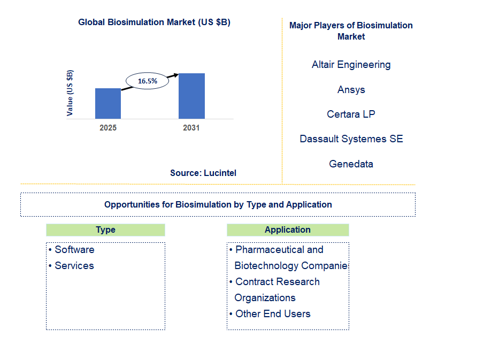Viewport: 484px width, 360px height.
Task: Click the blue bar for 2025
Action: point(108,103)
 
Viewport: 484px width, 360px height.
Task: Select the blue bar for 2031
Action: point(191,96)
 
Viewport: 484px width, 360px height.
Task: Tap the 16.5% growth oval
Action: point(147,81)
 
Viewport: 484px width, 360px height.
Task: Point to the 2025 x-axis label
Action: point(108,128)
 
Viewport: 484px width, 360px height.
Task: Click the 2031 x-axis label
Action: point(191,128)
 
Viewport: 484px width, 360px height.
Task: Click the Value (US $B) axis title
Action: point(70,93)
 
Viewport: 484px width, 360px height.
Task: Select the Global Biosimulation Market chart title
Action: point(154,22)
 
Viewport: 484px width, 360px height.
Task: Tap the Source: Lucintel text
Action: point(203,173)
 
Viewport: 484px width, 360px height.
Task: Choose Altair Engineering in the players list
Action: point(351,65)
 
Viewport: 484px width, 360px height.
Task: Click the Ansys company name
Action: point(351,90)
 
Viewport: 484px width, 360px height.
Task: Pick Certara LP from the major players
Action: point(351,114)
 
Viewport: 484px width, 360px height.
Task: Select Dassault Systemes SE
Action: point(351,139)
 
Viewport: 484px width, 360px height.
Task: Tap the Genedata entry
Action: point(351,164)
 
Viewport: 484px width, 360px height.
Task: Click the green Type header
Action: point(105,230)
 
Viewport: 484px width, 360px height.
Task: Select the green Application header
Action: point(288,230)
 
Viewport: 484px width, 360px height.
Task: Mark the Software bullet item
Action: point(74,250)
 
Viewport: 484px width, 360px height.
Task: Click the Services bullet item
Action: point(74,266)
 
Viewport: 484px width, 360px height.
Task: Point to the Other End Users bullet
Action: point(273,314)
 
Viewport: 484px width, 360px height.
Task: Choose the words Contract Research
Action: point(278,282)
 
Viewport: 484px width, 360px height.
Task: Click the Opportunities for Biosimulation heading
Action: point(218,204)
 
